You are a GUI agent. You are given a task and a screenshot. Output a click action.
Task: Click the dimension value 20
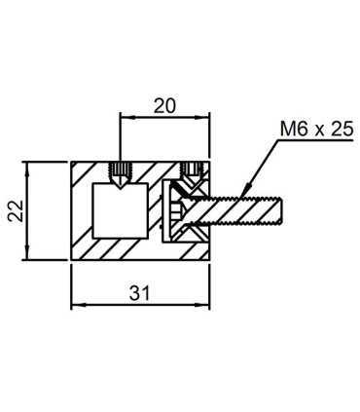(x=164, y=106)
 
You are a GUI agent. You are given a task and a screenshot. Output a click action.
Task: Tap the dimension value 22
(x=16, y=211)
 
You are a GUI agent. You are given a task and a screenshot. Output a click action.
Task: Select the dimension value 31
(x=139, y=293)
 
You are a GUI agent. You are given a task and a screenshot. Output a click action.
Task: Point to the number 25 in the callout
(x=342, y=130)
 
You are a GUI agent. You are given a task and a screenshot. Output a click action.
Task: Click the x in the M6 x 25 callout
(x=319, y=131)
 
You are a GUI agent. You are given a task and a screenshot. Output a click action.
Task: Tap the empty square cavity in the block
(x=121, y=210)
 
